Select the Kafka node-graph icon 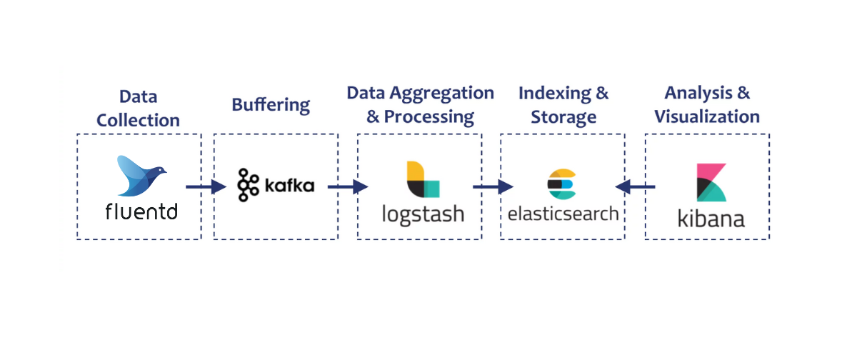(247, 184)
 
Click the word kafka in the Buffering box (289, 186)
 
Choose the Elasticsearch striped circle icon (561, 184)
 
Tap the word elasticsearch (563, 213)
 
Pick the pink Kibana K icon (711, 183)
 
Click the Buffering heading (271, 105)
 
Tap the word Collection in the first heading (139, 121)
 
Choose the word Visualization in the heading (707, 116)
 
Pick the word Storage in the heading (563, 116)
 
